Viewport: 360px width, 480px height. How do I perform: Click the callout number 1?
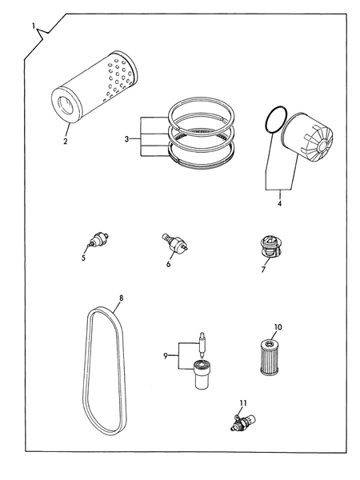34,26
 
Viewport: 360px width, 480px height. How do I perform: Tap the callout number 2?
66,142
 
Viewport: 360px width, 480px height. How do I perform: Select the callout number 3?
127,139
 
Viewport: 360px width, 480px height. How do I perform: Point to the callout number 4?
279,203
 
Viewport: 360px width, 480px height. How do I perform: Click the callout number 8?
122,298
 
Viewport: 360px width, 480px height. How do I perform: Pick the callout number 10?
278,327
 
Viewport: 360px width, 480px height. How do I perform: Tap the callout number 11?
243,403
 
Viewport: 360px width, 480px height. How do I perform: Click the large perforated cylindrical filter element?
94,87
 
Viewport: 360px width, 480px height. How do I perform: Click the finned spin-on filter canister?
307,136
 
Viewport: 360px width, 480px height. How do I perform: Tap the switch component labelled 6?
174,243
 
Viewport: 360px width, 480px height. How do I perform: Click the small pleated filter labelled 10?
270,358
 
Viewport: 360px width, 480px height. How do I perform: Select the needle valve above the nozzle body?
202,345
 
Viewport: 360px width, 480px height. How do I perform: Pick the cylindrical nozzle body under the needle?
202,374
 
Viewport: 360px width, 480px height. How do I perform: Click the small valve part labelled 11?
243,422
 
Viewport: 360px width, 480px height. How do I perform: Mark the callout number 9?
166,356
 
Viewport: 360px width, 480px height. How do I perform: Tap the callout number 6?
168,264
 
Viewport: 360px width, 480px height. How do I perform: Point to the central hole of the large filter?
65,105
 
